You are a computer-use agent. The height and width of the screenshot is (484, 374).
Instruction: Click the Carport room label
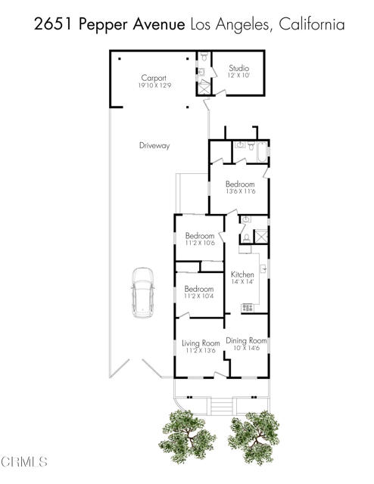point(154,78)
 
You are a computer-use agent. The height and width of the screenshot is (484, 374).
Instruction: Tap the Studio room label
point(239,68)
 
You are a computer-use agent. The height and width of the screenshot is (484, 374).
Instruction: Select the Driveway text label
point(154,145)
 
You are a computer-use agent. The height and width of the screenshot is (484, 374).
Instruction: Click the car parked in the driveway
point(143,293)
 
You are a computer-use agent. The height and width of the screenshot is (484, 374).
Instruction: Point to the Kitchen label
point(242,274)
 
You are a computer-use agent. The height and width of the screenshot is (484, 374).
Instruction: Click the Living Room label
point(201,343)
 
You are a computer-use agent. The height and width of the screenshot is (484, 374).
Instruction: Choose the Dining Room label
point(246,340)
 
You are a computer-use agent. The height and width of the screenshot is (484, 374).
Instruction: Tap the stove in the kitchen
point(248,308)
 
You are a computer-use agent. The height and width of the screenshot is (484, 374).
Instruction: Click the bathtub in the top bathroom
point(262,152)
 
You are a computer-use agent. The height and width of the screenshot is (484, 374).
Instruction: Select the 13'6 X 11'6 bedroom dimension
point(241,191)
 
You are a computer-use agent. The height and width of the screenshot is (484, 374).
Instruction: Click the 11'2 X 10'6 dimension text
point(200,243)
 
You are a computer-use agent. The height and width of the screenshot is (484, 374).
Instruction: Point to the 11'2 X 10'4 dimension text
point(199,296)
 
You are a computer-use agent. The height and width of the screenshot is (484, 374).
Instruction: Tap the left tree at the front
point(187,436)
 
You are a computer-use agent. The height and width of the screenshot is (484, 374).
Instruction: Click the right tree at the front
point(254,437)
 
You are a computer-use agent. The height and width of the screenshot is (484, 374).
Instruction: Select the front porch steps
point(221,408)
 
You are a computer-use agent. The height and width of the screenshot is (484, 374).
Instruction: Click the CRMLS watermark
point(23,462)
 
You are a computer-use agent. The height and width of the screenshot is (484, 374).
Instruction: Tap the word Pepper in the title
point(104,25)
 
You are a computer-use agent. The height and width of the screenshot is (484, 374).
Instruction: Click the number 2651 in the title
point(54,24)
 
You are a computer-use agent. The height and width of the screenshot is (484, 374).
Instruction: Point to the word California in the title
point(312,24)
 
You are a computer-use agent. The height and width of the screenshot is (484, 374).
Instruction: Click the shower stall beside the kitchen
point(261,237)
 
